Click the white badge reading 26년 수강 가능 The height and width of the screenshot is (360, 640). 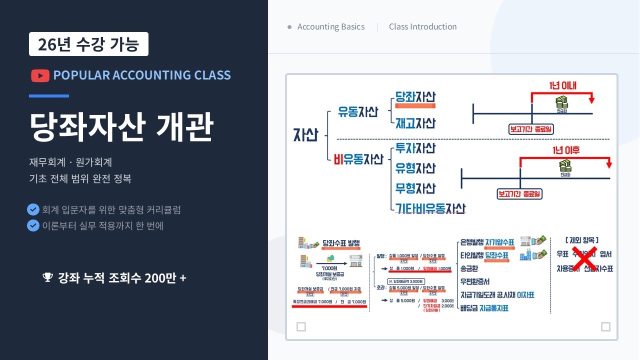pyautogui.click(x=88, y=44)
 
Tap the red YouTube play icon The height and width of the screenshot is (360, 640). pyautogui.click(x=40, y=75)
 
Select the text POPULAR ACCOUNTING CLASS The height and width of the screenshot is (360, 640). pyautogui.click(x=142, y=75)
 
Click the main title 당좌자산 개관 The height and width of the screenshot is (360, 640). pyautogui.click(x=121, y=126)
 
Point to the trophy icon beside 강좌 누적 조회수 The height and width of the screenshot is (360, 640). pyautogui.click(x=47, y=277)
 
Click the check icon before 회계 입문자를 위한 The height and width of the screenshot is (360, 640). pyautogui.click(x=33, y=209)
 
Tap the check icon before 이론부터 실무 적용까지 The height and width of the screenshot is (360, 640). pyautogui.click(x=33, y=225)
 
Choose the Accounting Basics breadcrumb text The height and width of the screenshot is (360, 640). pyautogui.click(x=330, y=27)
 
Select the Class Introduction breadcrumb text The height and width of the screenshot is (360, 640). pyautogui.click(x=422, y=27)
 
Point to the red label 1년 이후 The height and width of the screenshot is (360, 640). pyautogui.click(x=566, y=150)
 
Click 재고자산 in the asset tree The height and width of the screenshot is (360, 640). pyautogui.click(x=415, y=123)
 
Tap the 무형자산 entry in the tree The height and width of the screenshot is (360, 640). pyautogui.click(x=415, y=188)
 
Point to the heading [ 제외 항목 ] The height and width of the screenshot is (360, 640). pyautogui.click(x=581, y=240)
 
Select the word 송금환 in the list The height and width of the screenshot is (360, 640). pyautogui.click(x=470, y=268)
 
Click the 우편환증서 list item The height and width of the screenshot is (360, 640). pyautogui.click(x=475, y=281)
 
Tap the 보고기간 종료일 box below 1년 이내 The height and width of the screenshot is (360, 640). pyautogui.click(x=531, y=129)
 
